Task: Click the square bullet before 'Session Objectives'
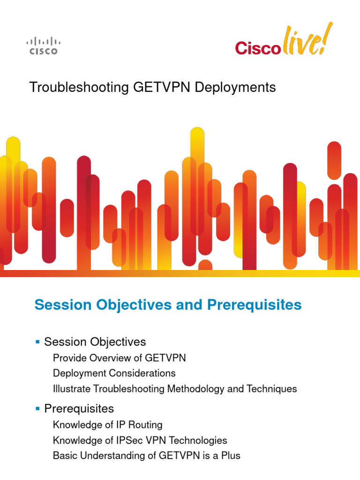click(x=37, y=342)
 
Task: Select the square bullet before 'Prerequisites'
click(x=37, y=408)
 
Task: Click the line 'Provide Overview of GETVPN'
click(x=120, y=358)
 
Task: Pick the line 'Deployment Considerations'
click(x=114, y=374)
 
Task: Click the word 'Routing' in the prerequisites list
click(x=146, y=425)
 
